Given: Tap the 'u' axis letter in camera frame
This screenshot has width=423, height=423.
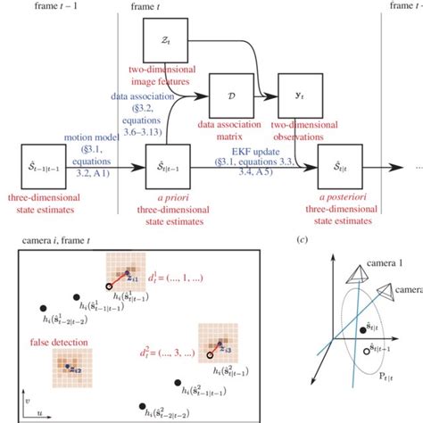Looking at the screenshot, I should coord(42,411).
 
